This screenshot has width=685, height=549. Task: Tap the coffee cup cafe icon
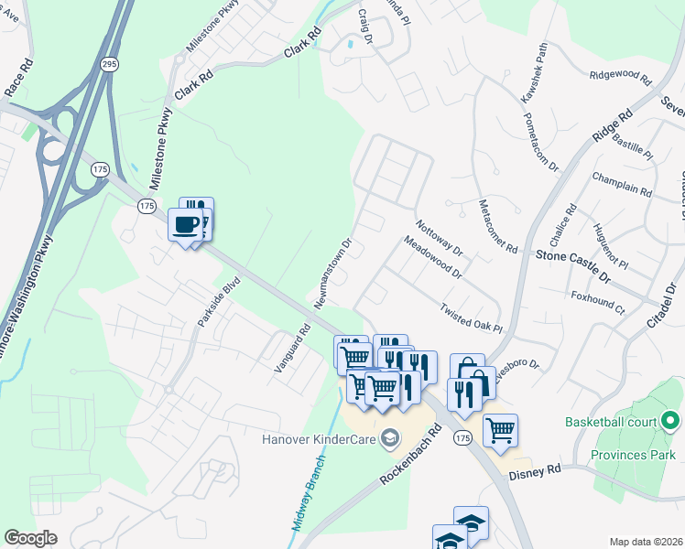tap(186, 224)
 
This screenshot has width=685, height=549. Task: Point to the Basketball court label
tap(611, 422)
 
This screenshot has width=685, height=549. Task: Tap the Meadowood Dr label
tap(433, 256)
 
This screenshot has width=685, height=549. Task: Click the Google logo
tap(30, 538)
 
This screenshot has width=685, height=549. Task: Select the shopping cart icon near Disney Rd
tap(500, 429)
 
